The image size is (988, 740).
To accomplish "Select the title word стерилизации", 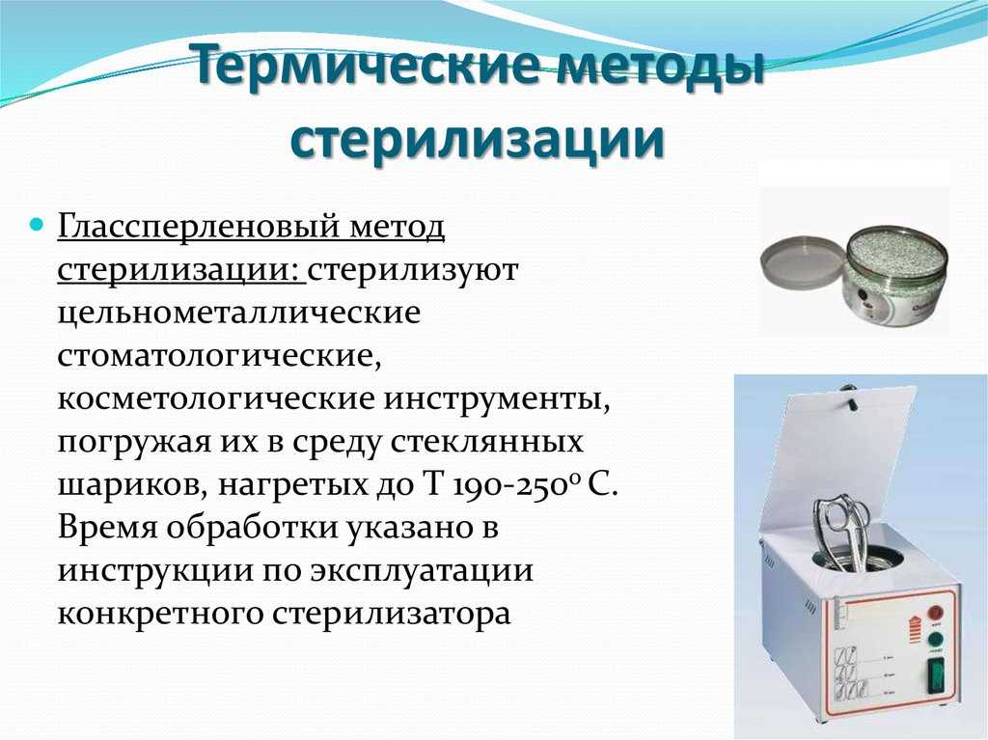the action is pyautogui.click(x=479, y=138).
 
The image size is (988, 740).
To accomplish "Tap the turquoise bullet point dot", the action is pyautogui.click(x=38, y=225).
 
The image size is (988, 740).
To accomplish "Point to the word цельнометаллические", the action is pyautogui.click(x=239, y=314).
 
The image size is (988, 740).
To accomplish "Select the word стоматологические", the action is pyautogui.click(x=219, y=356).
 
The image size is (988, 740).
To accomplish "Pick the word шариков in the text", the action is pyautogui.click(x=128, y=486).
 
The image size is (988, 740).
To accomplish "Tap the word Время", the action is pyautogui.click(x=107, y=528).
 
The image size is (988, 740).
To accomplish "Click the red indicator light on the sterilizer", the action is pyautogui.click(x=936, y=613).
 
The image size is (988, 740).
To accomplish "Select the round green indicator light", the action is pyautogui.click(x=936, y=640).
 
